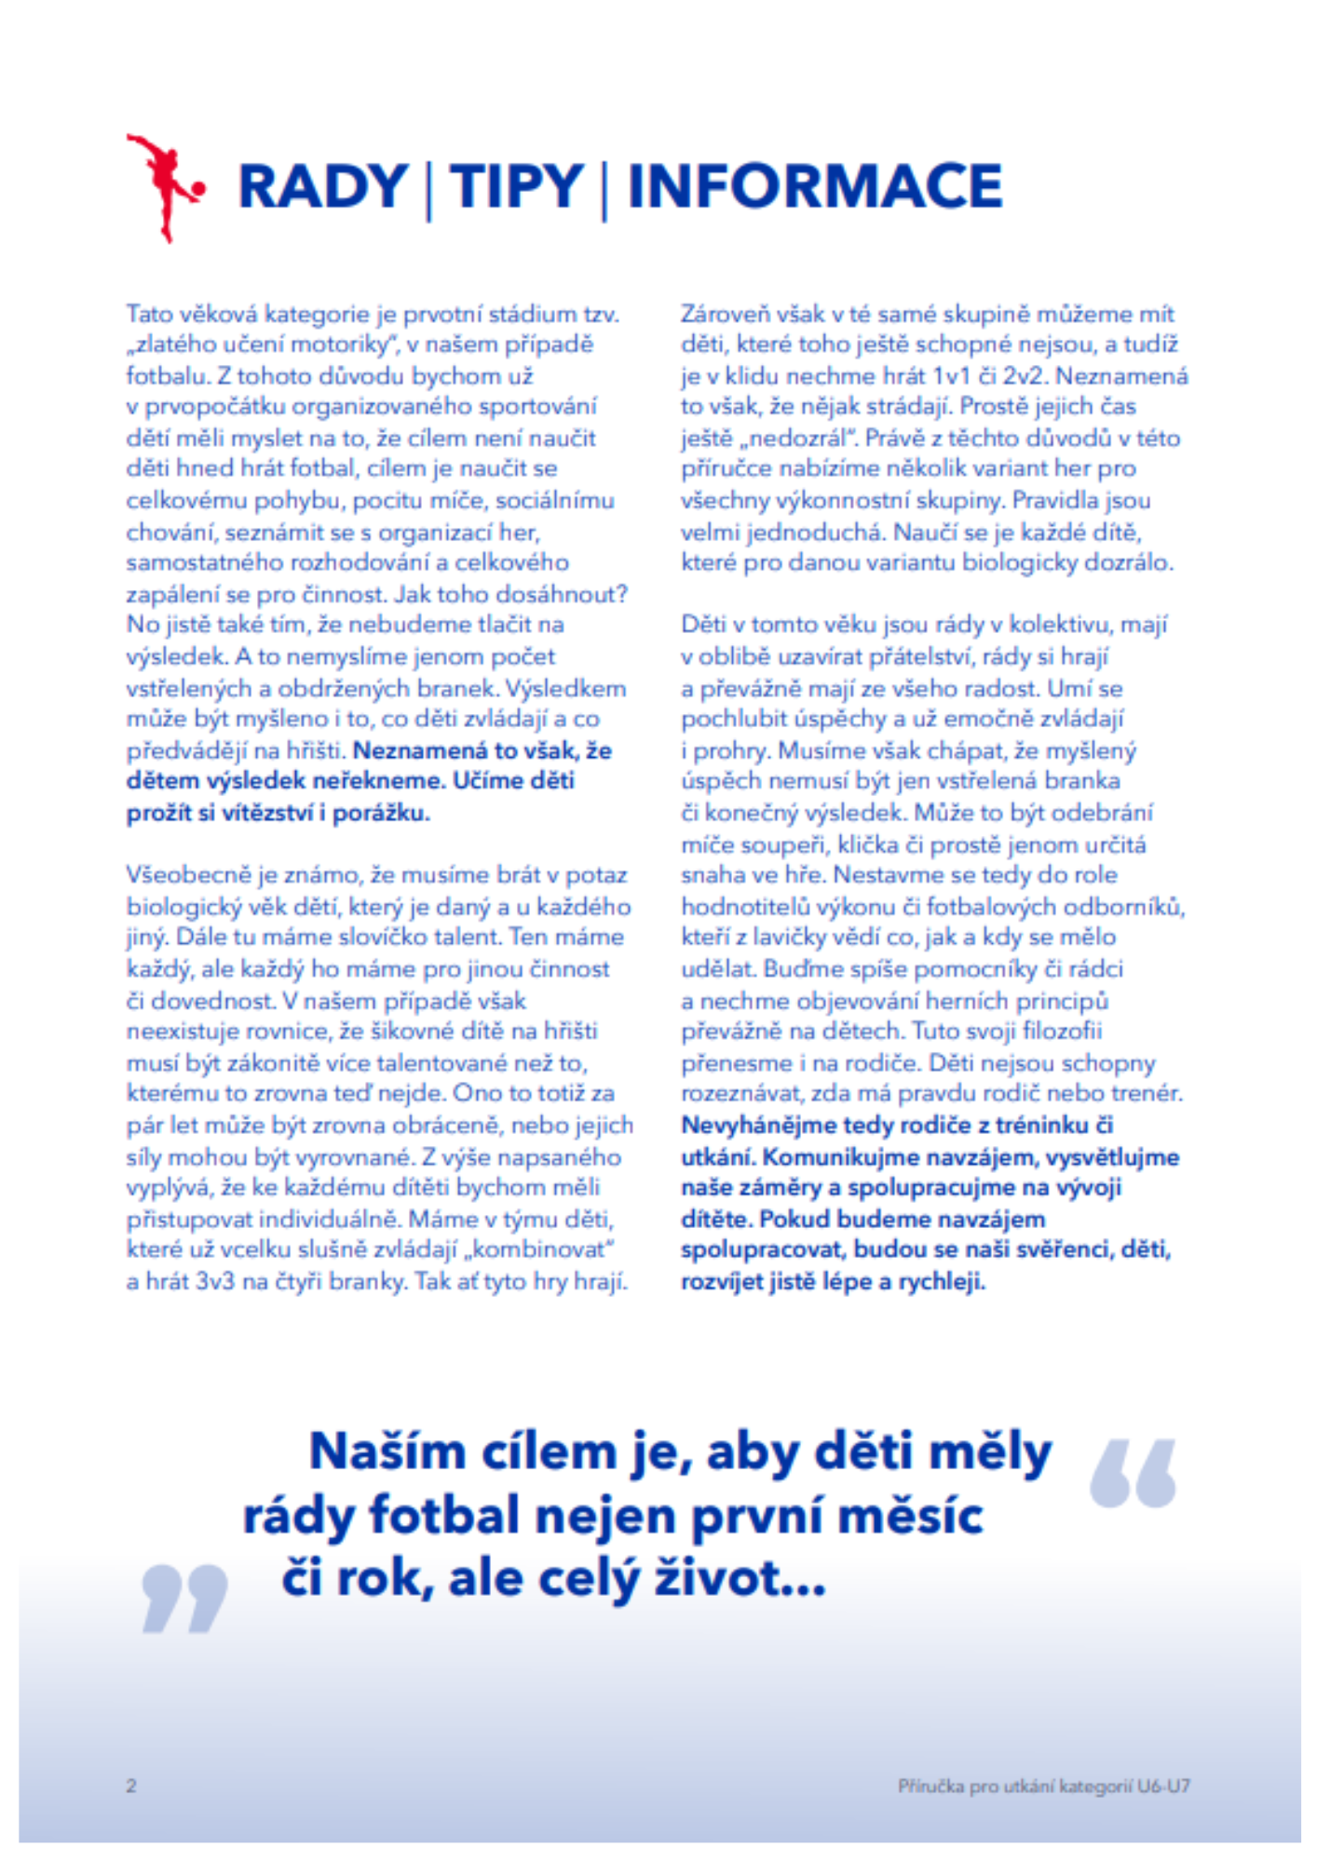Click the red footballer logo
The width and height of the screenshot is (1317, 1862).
163,187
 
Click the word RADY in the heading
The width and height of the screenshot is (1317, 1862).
322,186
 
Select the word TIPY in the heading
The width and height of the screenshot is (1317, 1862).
516,186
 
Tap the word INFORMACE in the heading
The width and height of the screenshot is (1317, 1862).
815,186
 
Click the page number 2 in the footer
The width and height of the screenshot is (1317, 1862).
131,1786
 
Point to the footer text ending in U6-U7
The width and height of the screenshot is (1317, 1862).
1043,1786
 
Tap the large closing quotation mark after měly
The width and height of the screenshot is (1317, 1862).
1133,1473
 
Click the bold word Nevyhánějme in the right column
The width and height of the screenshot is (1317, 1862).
758,1126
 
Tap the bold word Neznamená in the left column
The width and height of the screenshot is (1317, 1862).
420,750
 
